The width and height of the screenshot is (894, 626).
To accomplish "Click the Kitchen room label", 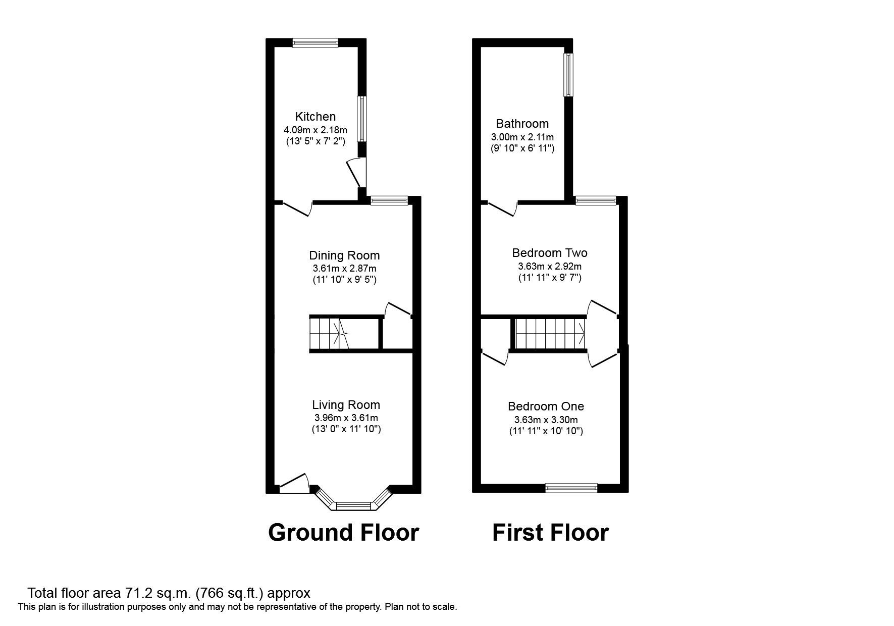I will pyautogui.click(x=315, y=117).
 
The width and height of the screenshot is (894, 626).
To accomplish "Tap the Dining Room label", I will pyautogui.click(x=344, y=255).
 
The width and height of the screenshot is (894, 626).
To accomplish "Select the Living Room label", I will pyautogui.click(x=346, y=405).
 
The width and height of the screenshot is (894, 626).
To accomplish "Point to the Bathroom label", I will pyautogui.click(x=522, y=124).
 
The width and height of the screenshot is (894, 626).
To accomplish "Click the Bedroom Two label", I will pyautogui.click(x=550, y=253).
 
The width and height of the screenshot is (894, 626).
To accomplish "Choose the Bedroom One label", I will pyautogui.click(x=546, y=406).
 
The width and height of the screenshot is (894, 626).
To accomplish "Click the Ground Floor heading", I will pyautogui.click(x=344, y=533).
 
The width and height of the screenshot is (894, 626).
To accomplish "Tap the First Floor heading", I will pyautogui.click(x=550, y=533).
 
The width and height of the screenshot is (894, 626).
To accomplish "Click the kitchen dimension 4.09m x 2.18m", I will pyautogui.click(x=315, y=130).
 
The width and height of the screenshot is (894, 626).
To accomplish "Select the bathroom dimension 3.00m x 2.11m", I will pyautogui.click(x=522, y=137).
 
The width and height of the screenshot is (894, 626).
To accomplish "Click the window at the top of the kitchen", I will pyautogui.click(x=315, y=43).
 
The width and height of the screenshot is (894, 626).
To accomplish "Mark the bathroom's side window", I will pyautogui.click(x=569, y=75).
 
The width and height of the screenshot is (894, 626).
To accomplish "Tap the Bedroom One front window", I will pyautogui.click(x=571, y=488).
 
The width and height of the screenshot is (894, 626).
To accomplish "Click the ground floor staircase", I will pyautogui.click(x=331, y=333).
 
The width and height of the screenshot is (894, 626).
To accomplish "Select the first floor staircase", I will pyautogui.click(x=550, y=333).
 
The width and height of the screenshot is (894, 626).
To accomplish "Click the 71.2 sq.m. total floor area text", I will pyautogui.click(x=169, y=593).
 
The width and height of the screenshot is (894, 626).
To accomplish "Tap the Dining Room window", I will pyautogui.click(x=389, y=201).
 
